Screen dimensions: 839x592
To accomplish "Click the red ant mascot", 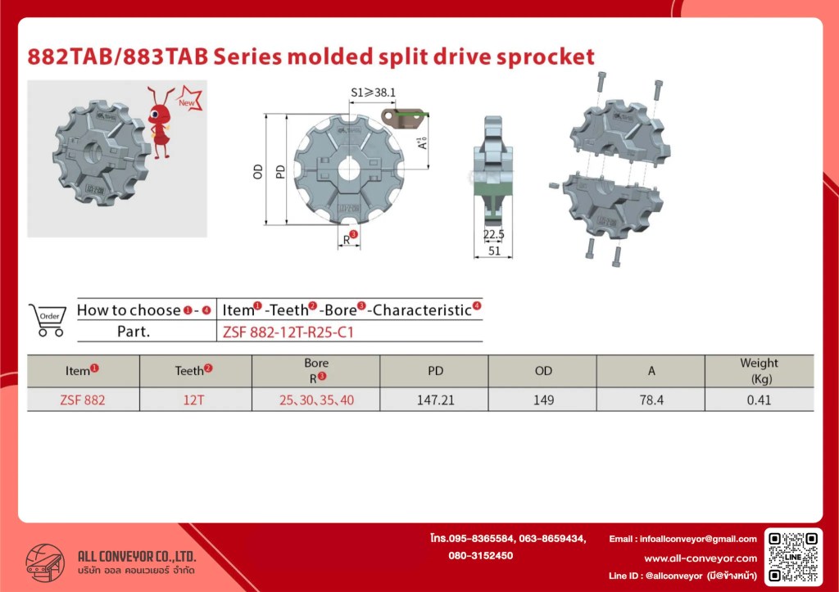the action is coord(160,123).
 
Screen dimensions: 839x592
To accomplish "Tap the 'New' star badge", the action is coord(189,99).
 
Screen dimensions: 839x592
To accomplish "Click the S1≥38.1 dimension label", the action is coord(373,93).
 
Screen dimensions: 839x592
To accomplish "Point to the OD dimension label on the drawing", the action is coord(258,172).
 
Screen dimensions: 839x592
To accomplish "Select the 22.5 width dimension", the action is coord(493,234).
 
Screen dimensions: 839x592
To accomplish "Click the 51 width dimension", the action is coord(494,251).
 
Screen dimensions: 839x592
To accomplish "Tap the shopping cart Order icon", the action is coord(48,320).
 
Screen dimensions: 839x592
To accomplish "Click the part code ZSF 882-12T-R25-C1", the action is coord(288,332).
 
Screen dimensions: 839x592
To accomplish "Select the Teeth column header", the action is coord(193,371).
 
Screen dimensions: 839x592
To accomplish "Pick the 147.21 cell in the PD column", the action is coord(436,400).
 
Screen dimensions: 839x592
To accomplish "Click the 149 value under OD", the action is coord(544,400).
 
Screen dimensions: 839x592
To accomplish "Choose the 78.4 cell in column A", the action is coord(651,400).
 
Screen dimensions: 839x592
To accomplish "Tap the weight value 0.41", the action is coord(759,400).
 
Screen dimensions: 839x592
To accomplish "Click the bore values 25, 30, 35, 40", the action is coord(316,400).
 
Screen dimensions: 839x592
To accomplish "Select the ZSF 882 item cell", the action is coord(83,400).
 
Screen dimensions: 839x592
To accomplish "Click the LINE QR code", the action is coord(793,556).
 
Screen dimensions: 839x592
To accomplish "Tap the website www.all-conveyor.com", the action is coord(701,558).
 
